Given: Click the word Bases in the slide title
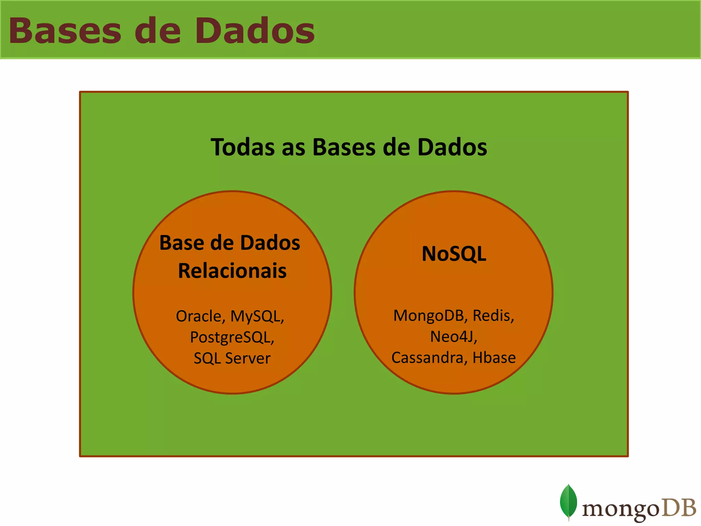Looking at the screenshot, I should click(65, 31).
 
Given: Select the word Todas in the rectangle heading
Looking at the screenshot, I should click(243, 147).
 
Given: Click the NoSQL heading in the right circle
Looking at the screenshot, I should click(454, 254).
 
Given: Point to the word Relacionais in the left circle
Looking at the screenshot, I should click(232, 271).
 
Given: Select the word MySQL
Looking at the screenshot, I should click(257, 316).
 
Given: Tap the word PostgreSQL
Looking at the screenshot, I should click(232, 337).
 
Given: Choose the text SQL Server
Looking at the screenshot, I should click(232, 359).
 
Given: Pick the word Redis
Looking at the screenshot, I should click(493, 316).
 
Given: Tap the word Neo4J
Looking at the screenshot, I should click(453, 337).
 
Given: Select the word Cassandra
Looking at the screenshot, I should click(428, 358).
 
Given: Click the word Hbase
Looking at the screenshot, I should click(494, 358).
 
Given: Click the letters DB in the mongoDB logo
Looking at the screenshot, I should click(679, 508).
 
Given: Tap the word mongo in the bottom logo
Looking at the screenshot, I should click(620, 510).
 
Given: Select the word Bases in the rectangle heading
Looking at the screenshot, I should click(344, 147).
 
